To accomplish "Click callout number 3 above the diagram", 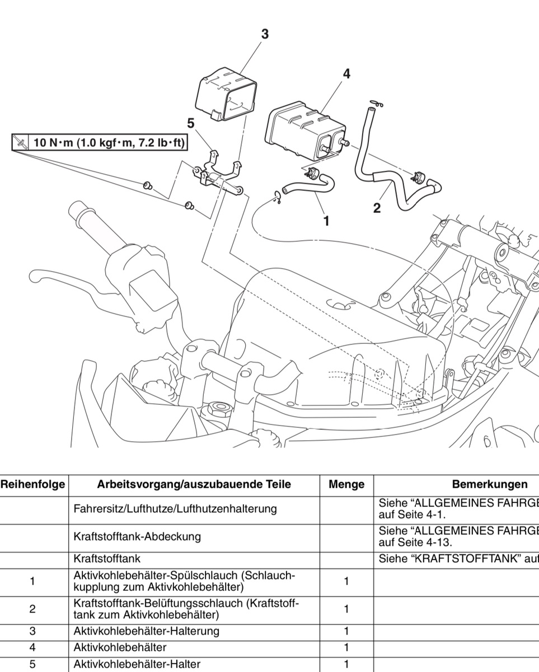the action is coord(265,34).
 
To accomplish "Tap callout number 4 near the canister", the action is coord(346,74).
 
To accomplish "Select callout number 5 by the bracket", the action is coord(191,123).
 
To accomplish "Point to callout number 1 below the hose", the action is coord(326,221).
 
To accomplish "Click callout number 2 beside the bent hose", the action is coord(377,208).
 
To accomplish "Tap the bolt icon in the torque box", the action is coord(20,143).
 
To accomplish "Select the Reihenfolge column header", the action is coord(32,484).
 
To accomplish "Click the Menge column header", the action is coord(346,484).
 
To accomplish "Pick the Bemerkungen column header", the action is coord(490,484).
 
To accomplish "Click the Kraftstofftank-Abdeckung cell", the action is coord(137,536).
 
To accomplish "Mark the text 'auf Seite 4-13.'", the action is coord(415,543).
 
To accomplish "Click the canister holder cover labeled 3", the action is coord(227,94).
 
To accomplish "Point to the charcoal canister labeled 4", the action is coord(305,131).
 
